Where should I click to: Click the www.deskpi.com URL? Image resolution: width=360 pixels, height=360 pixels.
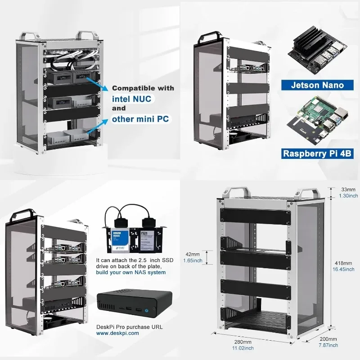tap(117, 333)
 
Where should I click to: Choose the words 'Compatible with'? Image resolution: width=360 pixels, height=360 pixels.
tap(143, 88)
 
